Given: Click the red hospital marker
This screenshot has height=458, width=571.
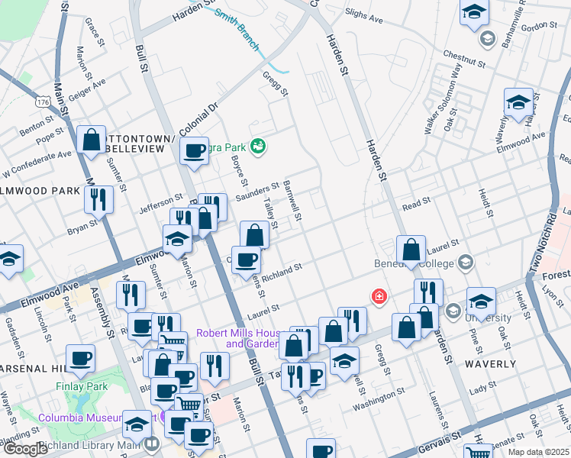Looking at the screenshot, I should (378, 295).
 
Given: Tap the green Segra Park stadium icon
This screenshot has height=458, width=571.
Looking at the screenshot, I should (258, 145).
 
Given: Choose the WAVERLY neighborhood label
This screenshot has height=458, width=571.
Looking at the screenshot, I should (490, 364).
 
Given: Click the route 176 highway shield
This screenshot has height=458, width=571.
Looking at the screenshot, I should (43, 100).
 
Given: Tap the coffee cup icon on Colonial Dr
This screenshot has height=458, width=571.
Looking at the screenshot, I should (195, 150).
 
